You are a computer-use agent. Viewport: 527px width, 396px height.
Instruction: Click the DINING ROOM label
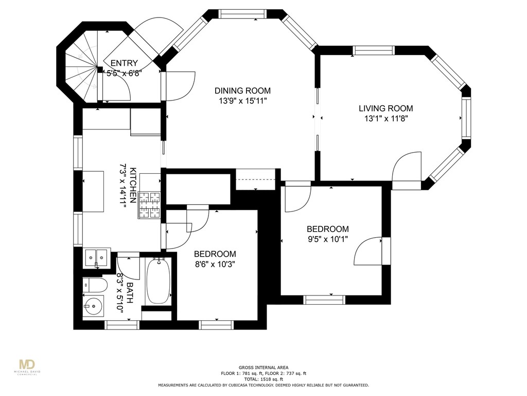(242, 91)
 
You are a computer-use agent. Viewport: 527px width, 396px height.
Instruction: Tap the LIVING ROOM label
(386, 108)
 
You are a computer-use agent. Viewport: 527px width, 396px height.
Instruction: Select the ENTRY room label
(124, 63)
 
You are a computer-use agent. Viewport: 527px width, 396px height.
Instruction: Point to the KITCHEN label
(133, 185)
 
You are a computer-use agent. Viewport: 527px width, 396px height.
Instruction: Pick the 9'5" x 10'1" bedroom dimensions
(327, 239)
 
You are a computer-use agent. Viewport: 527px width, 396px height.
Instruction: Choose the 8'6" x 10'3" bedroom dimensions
(215, 265)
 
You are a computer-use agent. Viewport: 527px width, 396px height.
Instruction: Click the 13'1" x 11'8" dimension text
(386, 119)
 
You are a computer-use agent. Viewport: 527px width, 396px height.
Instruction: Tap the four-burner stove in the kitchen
(149, 205)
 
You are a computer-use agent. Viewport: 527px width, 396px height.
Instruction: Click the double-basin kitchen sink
(96, 258)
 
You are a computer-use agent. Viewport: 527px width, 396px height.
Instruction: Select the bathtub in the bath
(159, 282)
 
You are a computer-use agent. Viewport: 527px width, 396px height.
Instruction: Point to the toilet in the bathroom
(95, 285)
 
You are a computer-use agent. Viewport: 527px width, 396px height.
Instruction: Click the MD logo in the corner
(27, 365)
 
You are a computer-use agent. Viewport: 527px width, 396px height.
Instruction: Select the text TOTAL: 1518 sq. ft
(263, 379)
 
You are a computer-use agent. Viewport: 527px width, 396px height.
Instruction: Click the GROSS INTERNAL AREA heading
(263, 368)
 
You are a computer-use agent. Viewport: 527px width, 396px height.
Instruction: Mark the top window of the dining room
(242, 14)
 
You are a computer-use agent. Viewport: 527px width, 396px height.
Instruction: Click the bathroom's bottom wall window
(122, 325)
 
